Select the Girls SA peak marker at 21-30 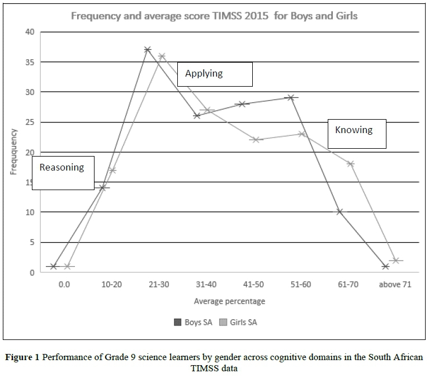pyautogui.click(x=162, y=56)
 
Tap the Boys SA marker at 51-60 pyautogui.click(x=290, y=97)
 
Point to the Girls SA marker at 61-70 pyautogui.click(x=351, y=164)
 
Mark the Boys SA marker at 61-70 pyautogui.click(x=339, y=212)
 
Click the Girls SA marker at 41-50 pyautogui.click(x=256, y=140)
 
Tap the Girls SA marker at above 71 pyautogui.click(x=396, y=261)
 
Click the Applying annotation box pyautogui.click(x=215, y=74)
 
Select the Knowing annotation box pyautogui.click(x=356, y=133)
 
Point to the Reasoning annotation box pyautogui.click(x=63, y=173)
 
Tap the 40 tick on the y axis pyautogui.click(x=30, y=32)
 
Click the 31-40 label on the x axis pyautogui.click(x=205, y=284)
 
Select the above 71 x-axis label pyautogui.click(x=395, y=284)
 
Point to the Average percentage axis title pyautogui.click(x=229, y=301)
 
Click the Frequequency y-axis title pyautogui.click(x=13, y=152)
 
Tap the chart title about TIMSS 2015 pyautogui.click(x=214, y=16)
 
